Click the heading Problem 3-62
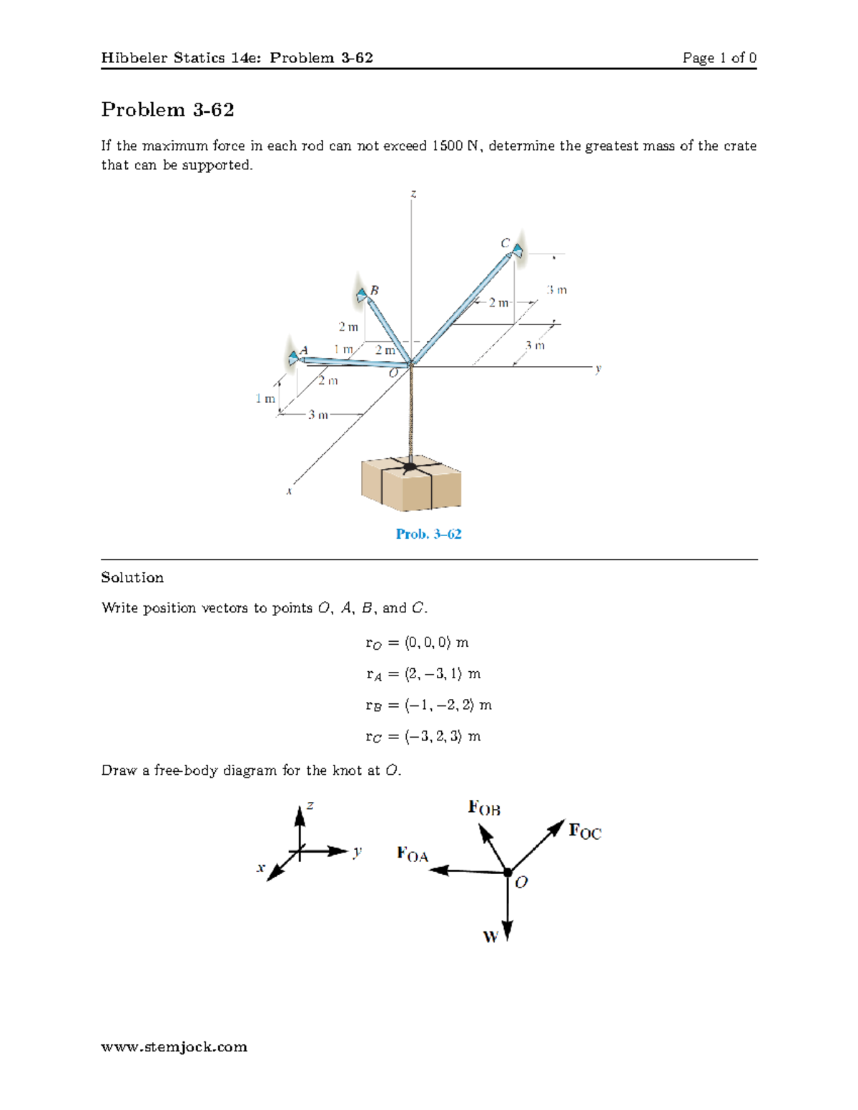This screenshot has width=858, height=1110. [167, 109]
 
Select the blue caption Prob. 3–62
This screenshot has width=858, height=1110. [428, 534]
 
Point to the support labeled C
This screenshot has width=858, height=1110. [517, 251]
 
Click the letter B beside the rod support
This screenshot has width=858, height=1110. [374, 290]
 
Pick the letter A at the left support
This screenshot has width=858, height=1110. [304, 350]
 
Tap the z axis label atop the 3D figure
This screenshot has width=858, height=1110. [413, 194]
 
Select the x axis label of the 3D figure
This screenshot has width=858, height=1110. [289, 491]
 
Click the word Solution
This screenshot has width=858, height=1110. [132, 578]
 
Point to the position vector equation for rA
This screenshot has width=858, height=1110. [423, 674]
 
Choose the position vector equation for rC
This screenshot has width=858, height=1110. [423, 736]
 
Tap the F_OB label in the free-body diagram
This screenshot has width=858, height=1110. [484, 808]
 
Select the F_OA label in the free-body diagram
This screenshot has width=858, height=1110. [413, 854]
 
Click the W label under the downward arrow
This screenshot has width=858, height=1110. [490, 936]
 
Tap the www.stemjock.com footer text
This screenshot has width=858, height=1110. [174, 1047]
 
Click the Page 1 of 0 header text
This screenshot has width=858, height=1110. [719, 58]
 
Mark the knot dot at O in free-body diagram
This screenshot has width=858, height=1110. [508, 872]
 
